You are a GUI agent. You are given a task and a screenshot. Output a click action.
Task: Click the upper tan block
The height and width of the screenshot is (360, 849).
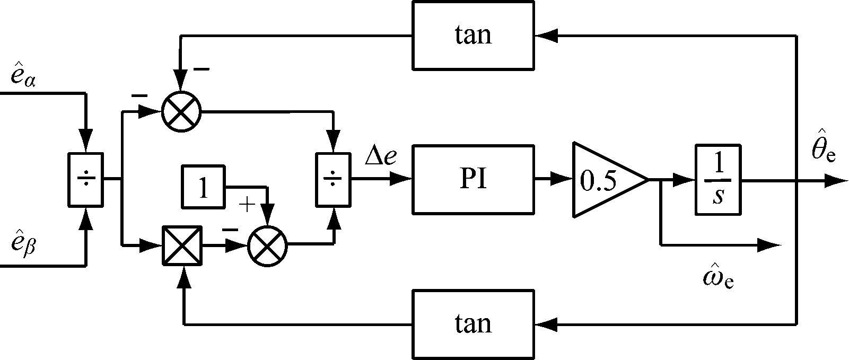point(473,36)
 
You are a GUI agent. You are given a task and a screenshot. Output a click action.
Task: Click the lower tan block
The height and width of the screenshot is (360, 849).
point(473,323)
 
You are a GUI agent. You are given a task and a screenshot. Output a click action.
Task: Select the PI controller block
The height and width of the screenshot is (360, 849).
point(473,180)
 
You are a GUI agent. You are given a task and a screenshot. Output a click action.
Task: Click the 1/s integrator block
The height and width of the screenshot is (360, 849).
point(718,180)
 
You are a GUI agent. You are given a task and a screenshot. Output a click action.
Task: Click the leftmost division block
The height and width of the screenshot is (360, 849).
point(85,180)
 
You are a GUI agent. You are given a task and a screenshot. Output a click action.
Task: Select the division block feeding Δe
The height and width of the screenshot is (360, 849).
point(333,180)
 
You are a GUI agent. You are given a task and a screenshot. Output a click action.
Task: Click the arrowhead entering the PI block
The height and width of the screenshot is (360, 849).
point(401,180)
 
